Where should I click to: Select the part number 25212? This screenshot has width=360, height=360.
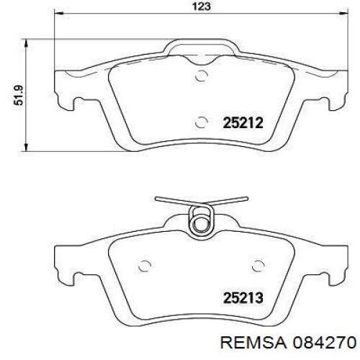(x=242, y=123)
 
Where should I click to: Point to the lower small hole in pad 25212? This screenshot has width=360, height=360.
(x=202, y=121)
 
